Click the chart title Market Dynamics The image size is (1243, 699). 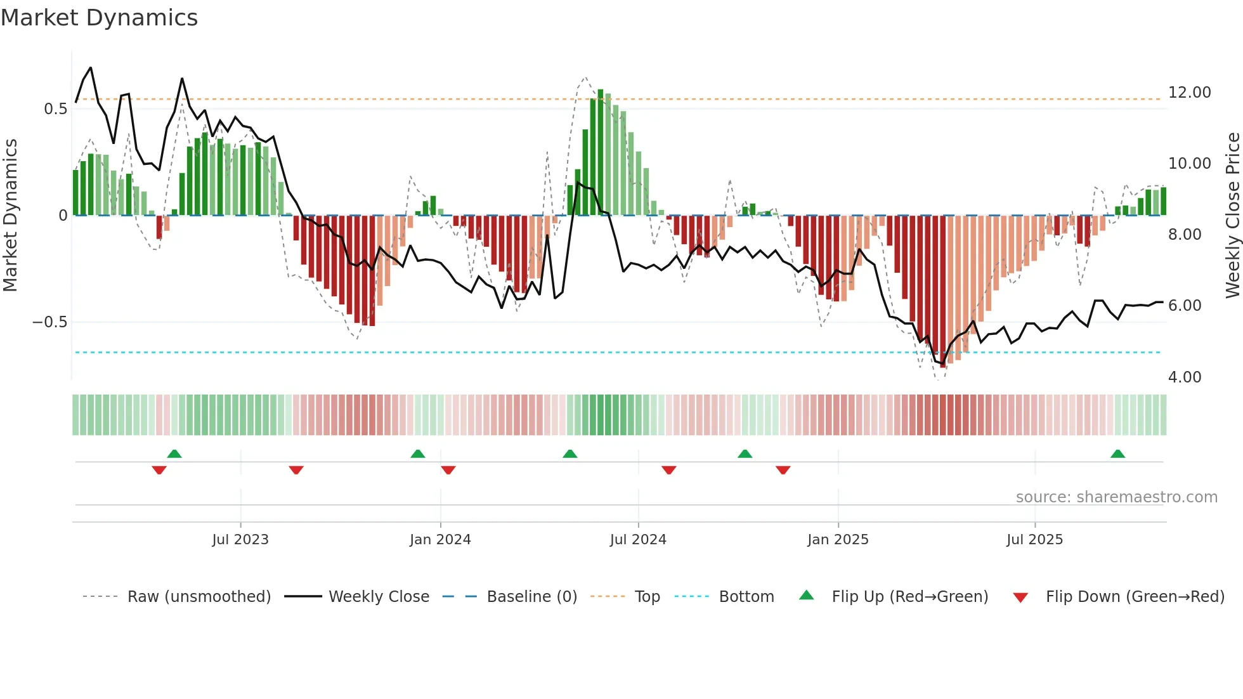99,18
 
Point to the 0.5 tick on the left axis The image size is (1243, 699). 55,109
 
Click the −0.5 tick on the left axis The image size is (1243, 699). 49,322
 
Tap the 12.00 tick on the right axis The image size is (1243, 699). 1189,93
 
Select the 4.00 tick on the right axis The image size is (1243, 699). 1184,377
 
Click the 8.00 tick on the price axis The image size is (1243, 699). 1184,235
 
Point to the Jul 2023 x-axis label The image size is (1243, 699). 240,540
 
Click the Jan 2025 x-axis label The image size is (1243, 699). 838,540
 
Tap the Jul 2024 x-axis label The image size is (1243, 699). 638,540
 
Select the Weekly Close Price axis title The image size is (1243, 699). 1232,216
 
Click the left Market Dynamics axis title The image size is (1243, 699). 10,216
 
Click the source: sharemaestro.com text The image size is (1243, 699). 1116,497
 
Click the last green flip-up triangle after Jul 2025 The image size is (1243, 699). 1117,454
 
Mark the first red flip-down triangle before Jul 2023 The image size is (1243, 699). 159,470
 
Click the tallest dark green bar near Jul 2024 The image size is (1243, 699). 601,152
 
